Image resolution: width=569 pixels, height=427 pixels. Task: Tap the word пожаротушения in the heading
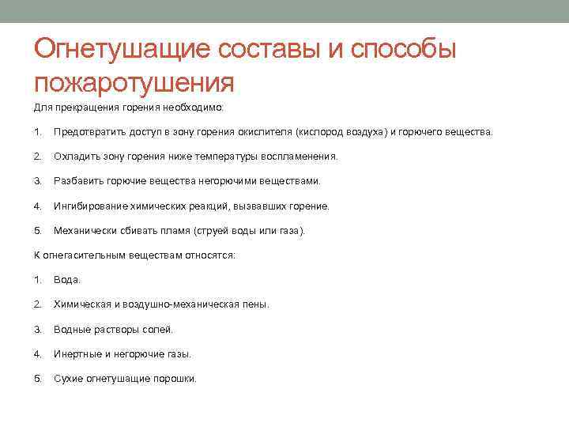(x=134, y=81)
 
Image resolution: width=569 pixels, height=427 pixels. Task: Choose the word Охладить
(x=74, y=157)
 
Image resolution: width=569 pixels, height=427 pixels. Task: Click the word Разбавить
(x=76, y=181)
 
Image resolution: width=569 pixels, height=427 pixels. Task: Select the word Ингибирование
(x=87, y=206)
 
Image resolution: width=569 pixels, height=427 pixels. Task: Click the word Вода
(x=66, y=280)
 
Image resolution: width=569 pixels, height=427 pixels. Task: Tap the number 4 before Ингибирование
(x=37, y=206)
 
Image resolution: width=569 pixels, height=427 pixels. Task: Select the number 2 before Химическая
(x=37, y=304)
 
